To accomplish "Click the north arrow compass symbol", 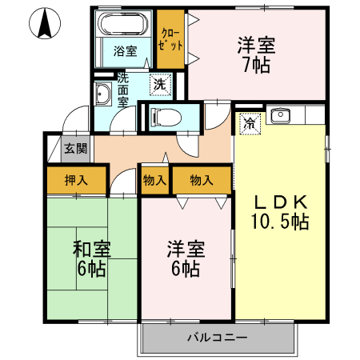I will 46,26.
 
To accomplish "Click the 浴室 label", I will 124,51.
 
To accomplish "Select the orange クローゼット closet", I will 170,39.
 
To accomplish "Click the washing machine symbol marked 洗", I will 160,83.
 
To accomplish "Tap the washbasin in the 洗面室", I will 103,96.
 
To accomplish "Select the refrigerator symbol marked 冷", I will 250,122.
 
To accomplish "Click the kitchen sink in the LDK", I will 281,117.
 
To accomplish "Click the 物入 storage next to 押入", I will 154,180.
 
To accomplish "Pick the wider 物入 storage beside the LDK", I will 201,180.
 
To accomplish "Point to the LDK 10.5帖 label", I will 280,211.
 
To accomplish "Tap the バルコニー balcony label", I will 218,338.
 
